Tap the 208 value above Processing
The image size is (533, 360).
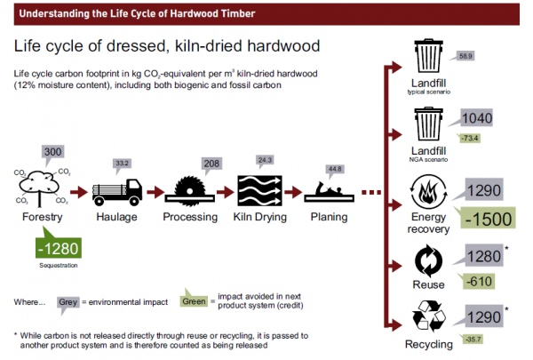pos(211,164)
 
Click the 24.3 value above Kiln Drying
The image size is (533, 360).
pos(266,161)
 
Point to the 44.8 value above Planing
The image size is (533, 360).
pos(334,170)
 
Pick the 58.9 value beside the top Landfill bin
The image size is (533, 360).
pos(465,56)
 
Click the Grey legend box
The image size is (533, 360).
pos(68,301)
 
